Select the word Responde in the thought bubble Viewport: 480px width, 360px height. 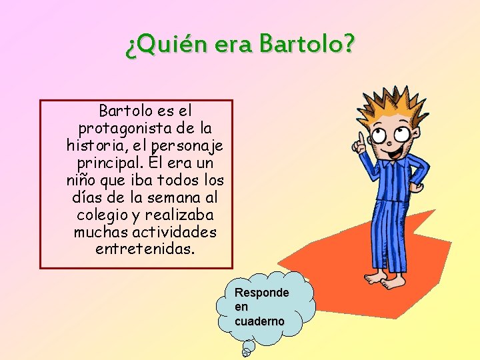coord(261,293)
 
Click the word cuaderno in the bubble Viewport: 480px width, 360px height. coord(259,321)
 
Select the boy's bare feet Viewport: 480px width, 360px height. coord(385,279)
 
